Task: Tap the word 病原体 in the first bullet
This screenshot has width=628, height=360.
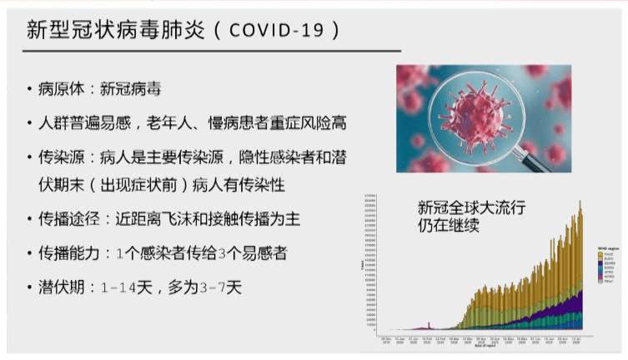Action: click(x=65, y=89)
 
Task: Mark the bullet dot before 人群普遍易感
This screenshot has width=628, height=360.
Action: click(x=30, y=123)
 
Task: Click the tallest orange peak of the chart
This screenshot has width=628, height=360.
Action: click(x=580, y=201)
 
